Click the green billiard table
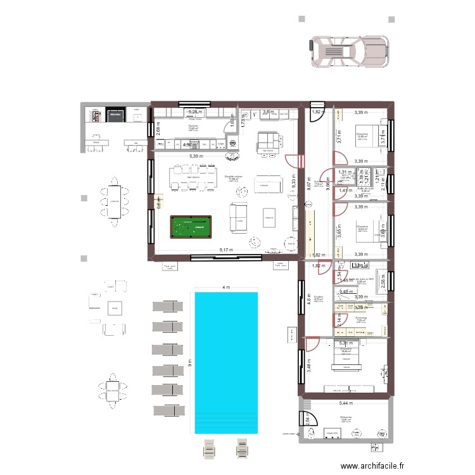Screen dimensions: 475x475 [191, 226]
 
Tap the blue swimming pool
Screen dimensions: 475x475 [226, 362]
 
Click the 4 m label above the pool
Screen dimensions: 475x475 [226, 288]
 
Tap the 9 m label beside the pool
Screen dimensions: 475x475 [189, 362]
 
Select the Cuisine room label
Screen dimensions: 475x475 [193, 125]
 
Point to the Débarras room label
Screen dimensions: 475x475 [346, 416]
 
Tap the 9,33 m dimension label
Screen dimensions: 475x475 [293, 182]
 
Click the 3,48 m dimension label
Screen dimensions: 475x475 [309, 365]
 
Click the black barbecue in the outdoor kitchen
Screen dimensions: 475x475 [115, 115]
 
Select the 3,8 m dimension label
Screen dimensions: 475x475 [267, 112]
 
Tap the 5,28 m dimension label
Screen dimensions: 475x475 [196, 112]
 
